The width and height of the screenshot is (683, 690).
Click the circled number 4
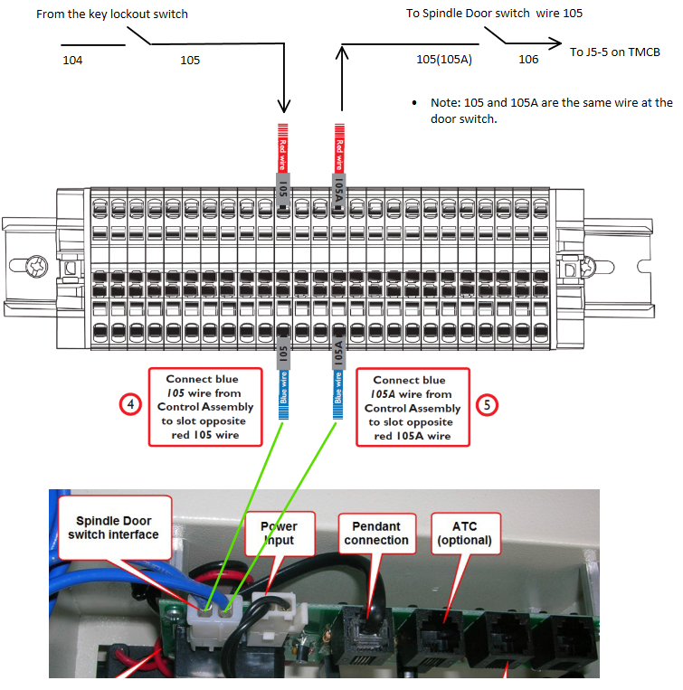pos(130,404)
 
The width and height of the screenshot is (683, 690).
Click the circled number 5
pos(488,405)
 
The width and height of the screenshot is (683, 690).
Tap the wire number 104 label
pos(72,60)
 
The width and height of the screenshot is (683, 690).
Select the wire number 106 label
pos(528,59)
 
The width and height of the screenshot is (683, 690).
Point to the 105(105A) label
pos(444,59)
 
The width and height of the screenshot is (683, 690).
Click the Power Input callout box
pos(280,534)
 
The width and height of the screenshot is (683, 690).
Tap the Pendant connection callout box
pos(376,534)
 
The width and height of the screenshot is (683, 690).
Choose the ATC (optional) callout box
pos(465,534)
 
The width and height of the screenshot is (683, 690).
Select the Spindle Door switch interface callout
pos(114,527)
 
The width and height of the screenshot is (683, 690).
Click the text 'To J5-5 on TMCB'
pos(615,52)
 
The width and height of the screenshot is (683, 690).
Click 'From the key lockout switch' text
pos(112,14)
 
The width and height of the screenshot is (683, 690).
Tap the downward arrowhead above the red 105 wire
pos(284,107)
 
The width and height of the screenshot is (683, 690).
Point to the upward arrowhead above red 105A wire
pos(342,52)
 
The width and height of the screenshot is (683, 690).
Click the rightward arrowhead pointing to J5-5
pos(555,43)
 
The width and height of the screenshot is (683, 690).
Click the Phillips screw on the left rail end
pos(36,266)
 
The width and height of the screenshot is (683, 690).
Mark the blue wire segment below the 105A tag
pos(337,394)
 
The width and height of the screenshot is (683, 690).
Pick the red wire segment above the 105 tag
pos(283,148)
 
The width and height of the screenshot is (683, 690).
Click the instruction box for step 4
pos(205,407)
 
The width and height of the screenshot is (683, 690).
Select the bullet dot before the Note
pos(414,103)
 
